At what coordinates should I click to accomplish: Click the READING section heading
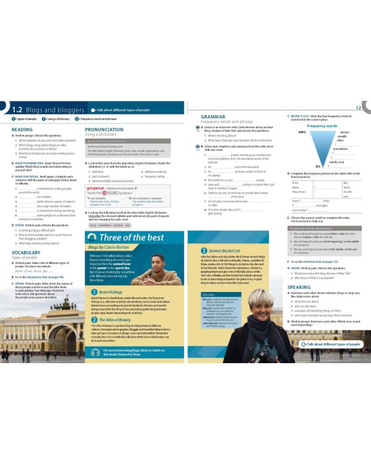coord(23,130)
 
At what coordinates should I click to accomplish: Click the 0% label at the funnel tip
coord(317,166)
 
